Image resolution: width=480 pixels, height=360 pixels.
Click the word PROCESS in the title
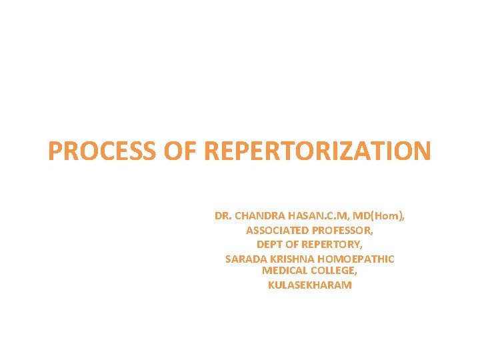click(x=101, y=151)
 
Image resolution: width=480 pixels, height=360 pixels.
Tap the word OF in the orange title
click(x=180, y=151)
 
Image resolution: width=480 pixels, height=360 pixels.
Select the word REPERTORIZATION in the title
click(x=318, y=151)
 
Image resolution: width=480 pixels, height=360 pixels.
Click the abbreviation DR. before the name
click(x=223, y=216)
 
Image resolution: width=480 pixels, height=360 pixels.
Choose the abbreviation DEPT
click(x=270, y=245)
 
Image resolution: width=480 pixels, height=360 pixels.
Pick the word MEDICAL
click(x=284, y=271)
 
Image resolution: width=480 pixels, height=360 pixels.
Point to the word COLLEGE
click(x=333, y=271)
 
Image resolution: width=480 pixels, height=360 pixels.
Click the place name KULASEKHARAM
click(x=309, y=285)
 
